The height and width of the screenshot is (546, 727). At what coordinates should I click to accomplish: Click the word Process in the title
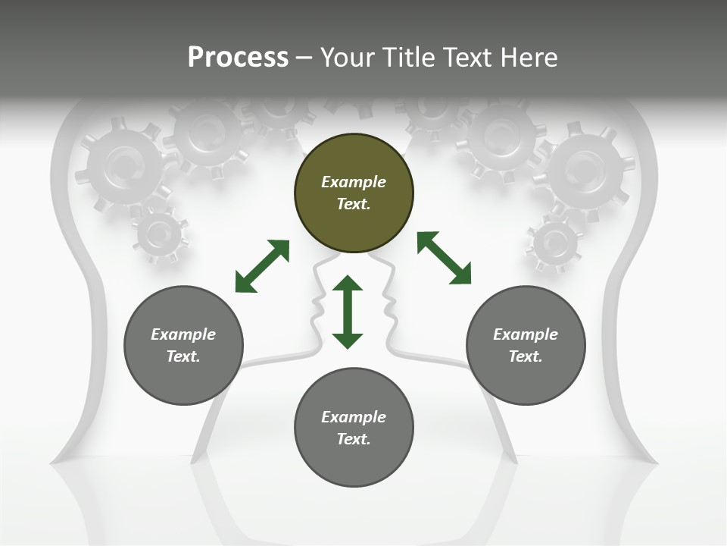(x=238, y=57)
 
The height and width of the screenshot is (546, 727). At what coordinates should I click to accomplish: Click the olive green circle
(x=354, y=193)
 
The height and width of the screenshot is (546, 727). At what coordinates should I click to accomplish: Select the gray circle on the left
(x=183, y=345)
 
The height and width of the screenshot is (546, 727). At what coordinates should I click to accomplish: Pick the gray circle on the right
(x=526, y=345)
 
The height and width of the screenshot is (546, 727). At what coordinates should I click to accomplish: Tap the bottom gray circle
(x=354, y=428)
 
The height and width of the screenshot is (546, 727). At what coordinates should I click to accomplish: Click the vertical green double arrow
(x=348, y=312)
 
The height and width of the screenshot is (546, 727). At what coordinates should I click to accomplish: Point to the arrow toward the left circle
(x=262, y=265)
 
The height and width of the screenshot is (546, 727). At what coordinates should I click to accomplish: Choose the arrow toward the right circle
(x=444, y=258)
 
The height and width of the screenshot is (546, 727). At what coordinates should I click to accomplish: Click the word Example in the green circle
(x=354, y=182)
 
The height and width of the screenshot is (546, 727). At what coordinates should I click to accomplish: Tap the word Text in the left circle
(x=183, y=356)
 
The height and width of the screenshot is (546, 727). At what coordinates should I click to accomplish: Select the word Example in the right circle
(x=526, y=334)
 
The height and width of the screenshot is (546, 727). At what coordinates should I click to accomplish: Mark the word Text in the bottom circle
(x=354, y=439)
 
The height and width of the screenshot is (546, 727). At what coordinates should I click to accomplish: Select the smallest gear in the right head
(x=554, y=244)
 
